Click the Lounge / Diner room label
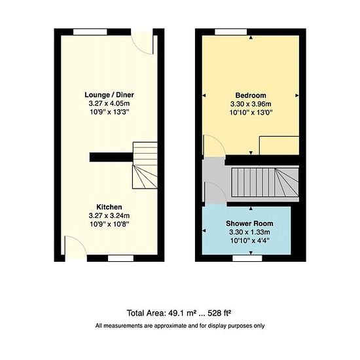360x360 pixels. point(109,95)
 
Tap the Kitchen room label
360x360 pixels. point(109,207)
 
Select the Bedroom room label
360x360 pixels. point(251,96)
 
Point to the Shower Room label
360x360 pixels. point(249,223)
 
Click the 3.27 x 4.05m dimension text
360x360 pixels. point(109,103)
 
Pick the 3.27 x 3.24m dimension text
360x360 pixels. point(109,215)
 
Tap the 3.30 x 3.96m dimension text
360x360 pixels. point(251,104)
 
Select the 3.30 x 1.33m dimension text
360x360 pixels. point(249,232)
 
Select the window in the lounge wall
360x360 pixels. point(90,32)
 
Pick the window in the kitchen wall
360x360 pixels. point(121,259)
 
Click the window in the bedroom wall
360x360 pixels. point(231,32)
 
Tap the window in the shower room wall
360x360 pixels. point(247,259)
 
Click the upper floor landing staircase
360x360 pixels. point(265,183)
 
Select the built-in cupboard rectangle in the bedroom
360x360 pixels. point(279,145)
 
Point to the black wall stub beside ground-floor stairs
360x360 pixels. point(111,157)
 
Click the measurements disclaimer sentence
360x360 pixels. point(180,325)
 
